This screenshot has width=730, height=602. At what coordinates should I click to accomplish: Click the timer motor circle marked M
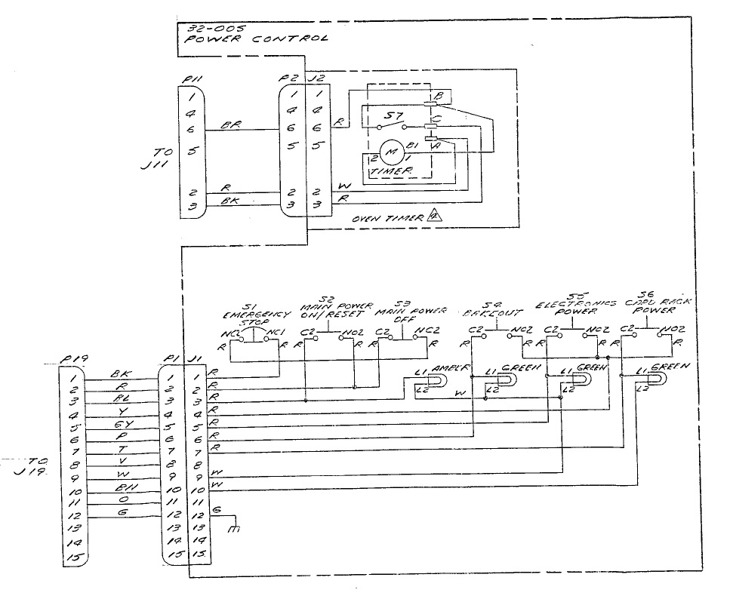click(x=392, y=152)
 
